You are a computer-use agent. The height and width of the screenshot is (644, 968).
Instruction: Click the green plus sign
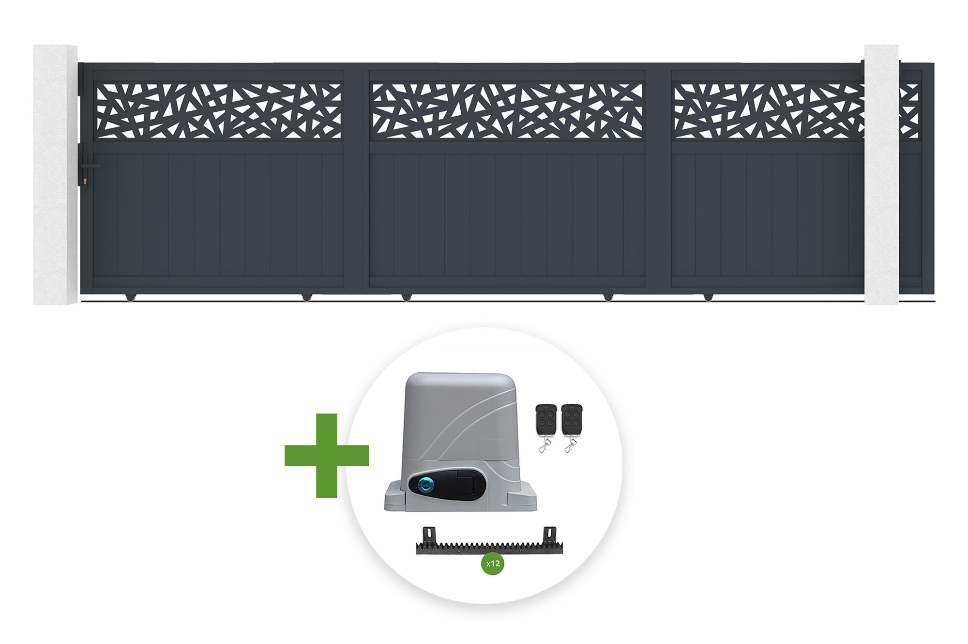click(x=327, y=456)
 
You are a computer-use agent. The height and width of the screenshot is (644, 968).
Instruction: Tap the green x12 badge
click(x=493, y=563)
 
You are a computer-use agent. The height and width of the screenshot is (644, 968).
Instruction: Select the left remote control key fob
click(x=546, y=420)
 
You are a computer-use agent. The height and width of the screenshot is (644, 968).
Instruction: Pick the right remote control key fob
click(x=572, y=420)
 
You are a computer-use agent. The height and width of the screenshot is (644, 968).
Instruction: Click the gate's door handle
click(x=90, y=166)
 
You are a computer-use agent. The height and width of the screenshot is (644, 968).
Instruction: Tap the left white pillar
click(x=55, y=175)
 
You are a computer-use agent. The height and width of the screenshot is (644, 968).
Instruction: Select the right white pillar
click(x=881, y=175)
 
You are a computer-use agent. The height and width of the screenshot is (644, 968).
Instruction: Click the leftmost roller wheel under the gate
click(x=131, y=297)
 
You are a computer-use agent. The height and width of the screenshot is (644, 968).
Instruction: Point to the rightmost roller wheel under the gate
click(x=708, y=297)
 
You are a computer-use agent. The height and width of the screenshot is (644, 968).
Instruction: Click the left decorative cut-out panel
click(x=219, y=111)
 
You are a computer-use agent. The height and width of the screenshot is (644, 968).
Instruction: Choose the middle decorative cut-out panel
click(x=507, y=111)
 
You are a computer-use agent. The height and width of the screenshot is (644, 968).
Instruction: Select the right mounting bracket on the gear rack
click(x=550, y=535)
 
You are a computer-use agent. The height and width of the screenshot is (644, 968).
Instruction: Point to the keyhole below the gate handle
click(x=86, y=182)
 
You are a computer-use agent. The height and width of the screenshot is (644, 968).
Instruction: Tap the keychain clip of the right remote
click(x=569, y=445)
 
